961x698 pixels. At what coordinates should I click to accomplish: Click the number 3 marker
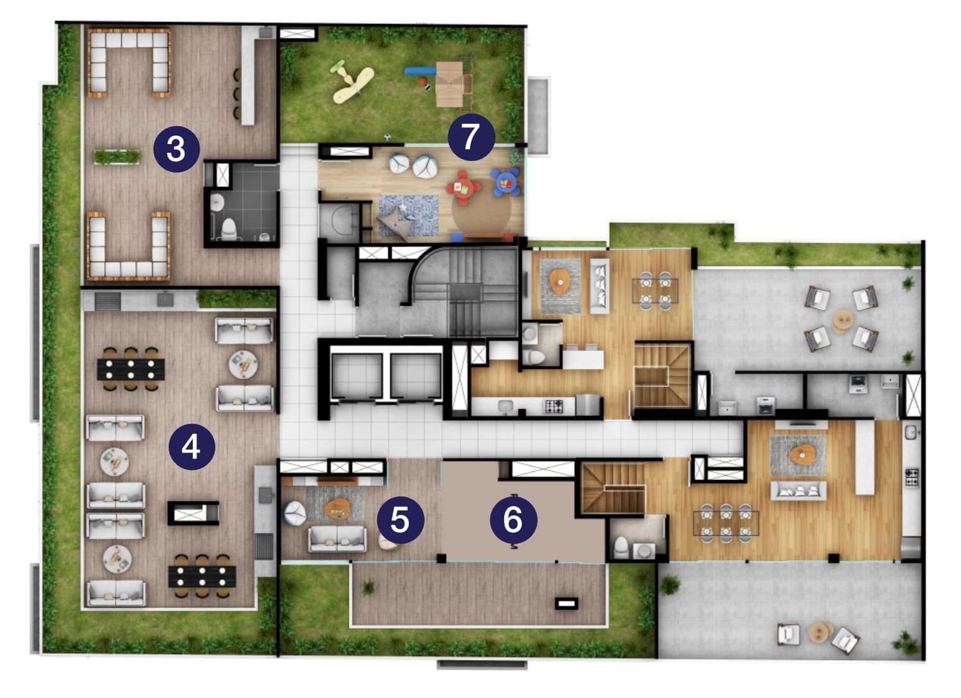pyautogui.click(x=177, y=149)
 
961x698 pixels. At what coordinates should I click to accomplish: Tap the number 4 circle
pyautogui.click(x=192, y=447)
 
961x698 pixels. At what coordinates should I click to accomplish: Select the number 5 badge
pyautogui.click(x=401, y=520)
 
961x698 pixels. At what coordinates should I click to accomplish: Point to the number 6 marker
pyautogui.click(x=514, y=520)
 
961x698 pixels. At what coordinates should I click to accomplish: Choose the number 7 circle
pyautogui.click(x=471, y=137)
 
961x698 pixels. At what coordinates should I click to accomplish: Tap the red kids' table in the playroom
pyautogui.click(x=463, y=188)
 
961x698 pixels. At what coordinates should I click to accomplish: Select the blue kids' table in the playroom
pyautogui.click(x=506, y=183)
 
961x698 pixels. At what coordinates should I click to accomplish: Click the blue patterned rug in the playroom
pyautogui.click(x=408, y=216)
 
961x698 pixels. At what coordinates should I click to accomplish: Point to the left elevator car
pyautogui.click(x=357, y=376)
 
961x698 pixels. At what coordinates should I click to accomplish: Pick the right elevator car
pyautogui.click(x=416, y=376)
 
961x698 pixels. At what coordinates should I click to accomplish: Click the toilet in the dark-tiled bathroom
pyautogui.click(x=229, y=229)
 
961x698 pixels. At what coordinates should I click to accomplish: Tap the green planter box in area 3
pyautogui.click(x=117, y=157)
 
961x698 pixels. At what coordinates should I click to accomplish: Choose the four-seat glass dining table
pyautogui.click(x=655, y=291)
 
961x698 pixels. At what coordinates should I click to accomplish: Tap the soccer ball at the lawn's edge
pyautogui.click(x=388, y=137)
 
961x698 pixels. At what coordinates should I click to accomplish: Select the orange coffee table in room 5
pyautogui.click(x=337, y=509)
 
